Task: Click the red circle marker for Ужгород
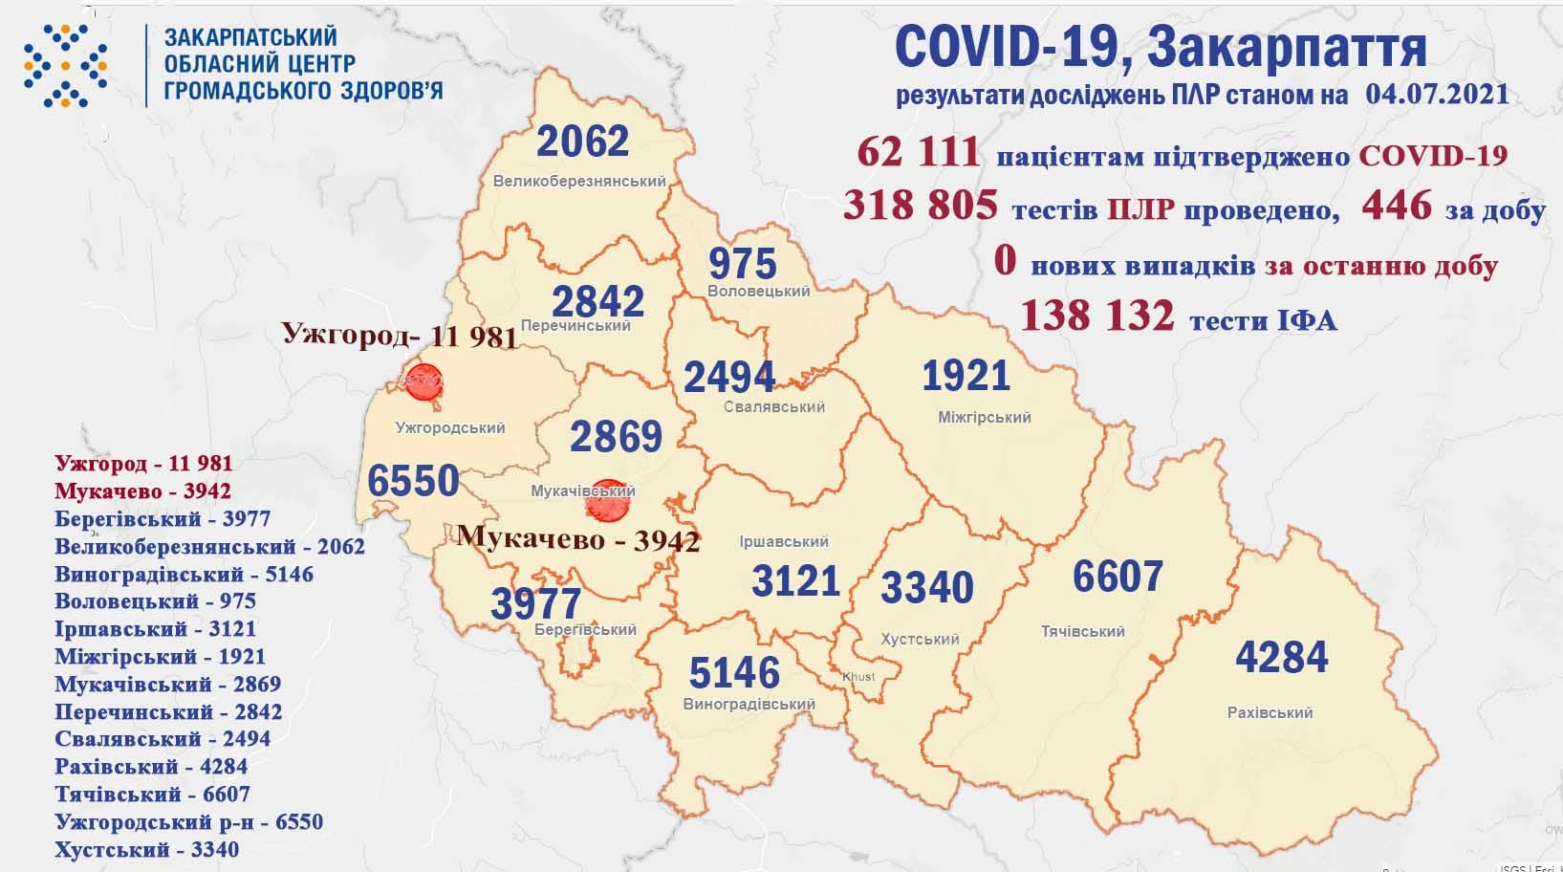click(x=422, y=381)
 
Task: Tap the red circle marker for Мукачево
click(x=607, y=500)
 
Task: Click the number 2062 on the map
click(x=582, y=142)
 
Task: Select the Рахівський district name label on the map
click(x=1270, y=712)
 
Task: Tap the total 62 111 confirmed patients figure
click(x=919, y=153)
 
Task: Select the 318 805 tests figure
click(x=921, y=205)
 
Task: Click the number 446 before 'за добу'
click(x=1397, y=205)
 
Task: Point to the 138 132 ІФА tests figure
click(x=1096, y=316)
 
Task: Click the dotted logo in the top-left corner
click(x=65, y=65)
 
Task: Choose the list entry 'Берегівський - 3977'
click(x=163, y=519)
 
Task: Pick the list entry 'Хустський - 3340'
click(x=146, y=849)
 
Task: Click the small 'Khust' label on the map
click(x=857, y=677)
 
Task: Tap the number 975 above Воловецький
click(x=743, y=263)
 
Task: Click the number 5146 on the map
click(x=734, y=673)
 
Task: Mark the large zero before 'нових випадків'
click(x=1004, y=261)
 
